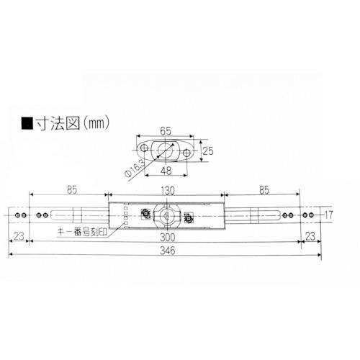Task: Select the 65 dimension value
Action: pyautogui.click(x=166, y=131)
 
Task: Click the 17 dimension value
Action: pyautogui.click(x=328, y=215)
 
